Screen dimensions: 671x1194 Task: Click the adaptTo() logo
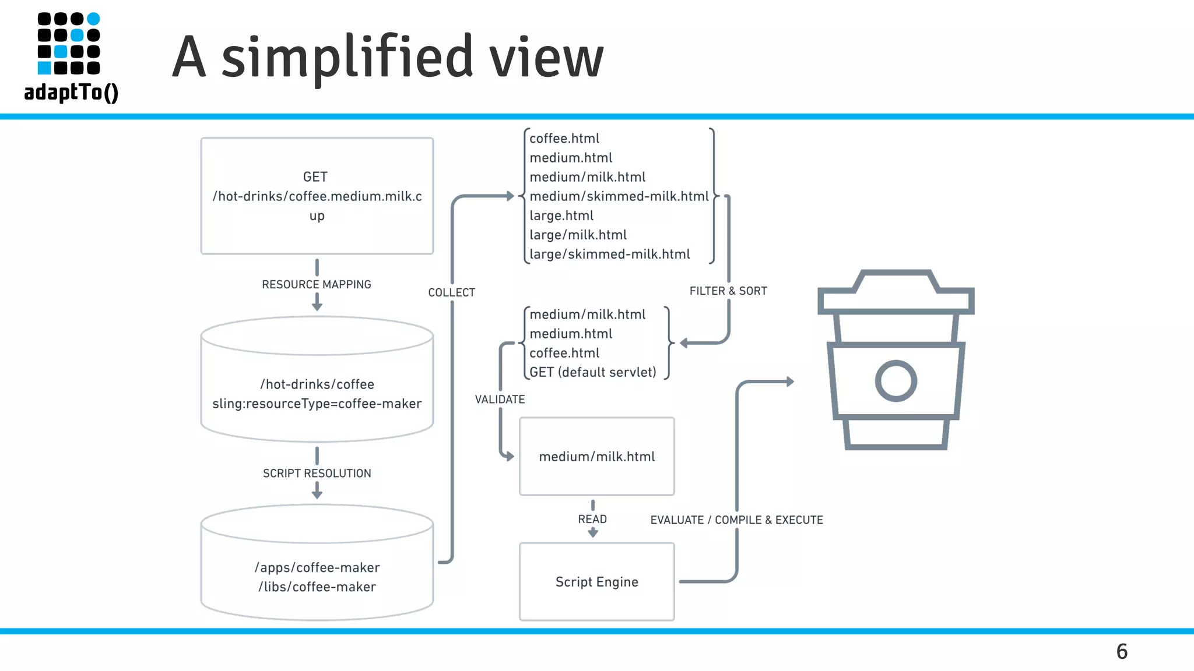point(70,57)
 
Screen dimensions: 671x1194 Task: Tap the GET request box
point(317,196)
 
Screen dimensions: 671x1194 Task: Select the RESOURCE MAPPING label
point(317,284)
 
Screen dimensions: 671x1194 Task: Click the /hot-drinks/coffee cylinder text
point(317,384)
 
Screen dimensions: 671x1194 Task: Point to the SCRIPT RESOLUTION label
point(317,473)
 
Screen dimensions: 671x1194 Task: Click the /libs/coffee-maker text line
point(317,587)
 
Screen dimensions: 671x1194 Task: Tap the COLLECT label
point(451,292)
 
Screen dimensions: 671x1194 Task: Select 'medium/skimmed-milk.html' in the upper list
point(619,196)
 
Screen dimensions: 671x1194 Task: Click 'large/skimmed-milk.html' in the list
point(609,254)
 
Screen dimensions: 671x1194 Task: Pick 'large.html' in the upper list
point(561,216)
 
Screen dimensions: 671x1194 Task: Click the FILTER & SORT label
point(728,291)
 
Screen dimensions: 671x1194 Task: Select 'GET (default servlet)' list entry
point(592,372)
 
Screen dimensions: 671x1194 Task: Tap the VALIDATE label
point(500,400)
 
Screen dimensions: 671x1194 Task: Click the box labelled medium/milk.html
point(596,456)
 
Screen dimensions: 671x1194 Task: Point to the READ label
point(592,519)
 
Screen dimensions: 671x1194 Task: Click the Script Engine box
point(596,581)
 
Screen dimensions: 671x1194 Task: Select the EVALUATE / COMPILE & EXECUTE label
point(736,520)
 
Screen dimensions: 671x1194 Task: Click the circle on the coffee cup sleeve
point(895,381)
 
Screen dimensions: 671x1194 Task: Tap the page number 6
point(1122,651)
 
